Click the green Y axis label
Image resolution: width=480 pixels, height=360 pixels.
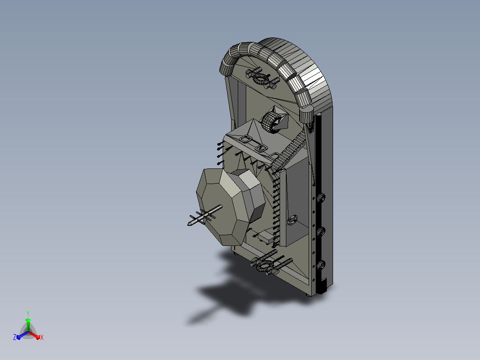pyautogui.click(x=28, y=313)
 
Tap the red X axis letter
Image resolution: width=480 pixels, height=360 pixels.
pyautogui.click(x=42, y=337)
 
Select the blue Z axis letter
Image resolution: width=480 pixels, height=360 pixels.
pyautogui.click(x=15, y=337)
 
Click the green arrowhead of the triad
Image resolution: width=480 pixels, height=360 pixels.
pyautogui.click(x=28, y=320)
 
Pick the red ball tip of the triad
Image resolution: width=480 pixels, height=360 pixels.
pyautogui.click(x=38, y=337)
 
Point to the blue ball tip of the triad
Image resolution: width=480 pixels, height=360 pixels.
pyautogui.click(x=19, y=337)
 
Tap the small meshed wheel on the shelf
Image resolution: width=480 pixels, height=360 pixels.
pyautogui.click(x=270, y=123)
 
